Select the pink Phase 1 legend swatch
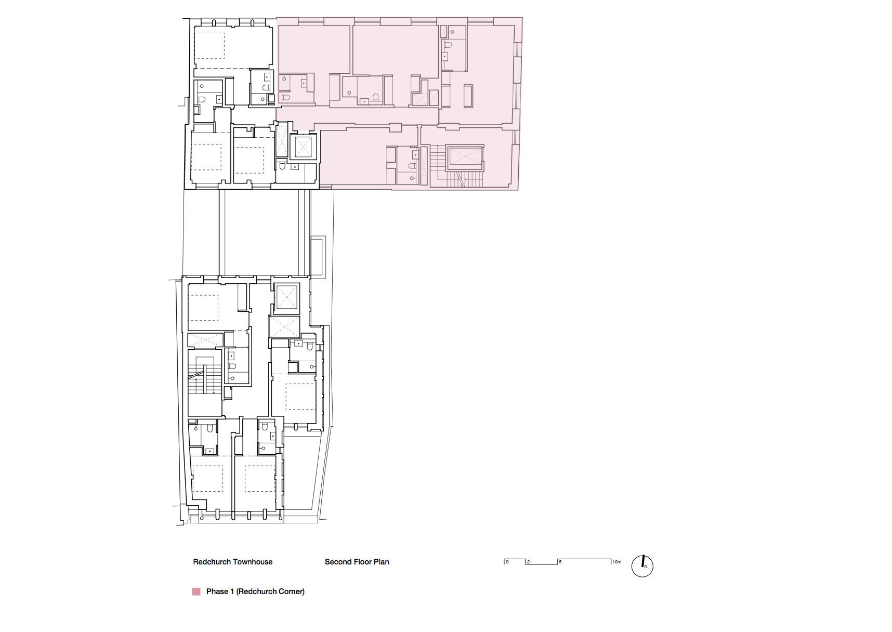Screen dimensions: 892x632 (x=196, y=591)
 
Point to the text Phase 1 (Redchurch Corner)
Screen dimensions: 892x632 (x=255, y=591)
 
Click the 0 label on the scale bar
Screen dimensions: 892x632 (x=507, y=562)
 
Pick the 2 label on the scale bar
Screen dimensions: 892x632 (x=529, y=562)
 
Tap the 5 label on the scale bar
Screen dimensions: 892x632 (x=560, y=562)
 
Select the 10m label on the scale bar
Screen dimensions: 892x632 (x=616, y=562)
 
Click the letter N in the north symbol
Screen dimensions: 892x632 (x=646, y=567)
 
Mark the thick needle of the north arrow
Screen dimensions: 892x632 (x=643, y=561)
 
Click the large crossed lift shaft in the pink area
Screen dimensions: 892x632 (x=465, y=157)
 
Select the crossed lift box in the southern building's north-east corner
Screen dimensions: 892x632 (x=286, y=298)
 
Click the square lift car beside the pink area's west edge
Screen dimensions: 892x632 (x=304, y=147)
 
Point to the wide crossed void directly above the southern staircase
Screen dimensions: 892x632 (x=205, y=340)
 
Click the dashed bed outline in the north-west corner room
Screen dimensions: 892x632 (x=209, y=46)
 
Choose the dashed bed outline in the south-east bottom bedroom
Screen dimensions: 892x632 (x=259, y=478)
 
